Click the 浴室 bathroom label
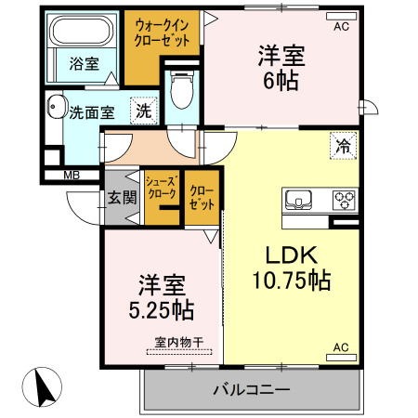84,63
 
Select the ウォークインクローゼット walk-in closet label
163,34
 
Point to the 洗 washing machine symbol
143,111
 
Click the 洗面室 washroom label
92,112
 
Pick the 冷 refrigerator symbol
343,146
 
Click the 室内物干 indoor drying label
178,342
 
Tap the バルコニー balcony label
251,389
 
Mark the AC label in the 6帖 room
340,27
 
